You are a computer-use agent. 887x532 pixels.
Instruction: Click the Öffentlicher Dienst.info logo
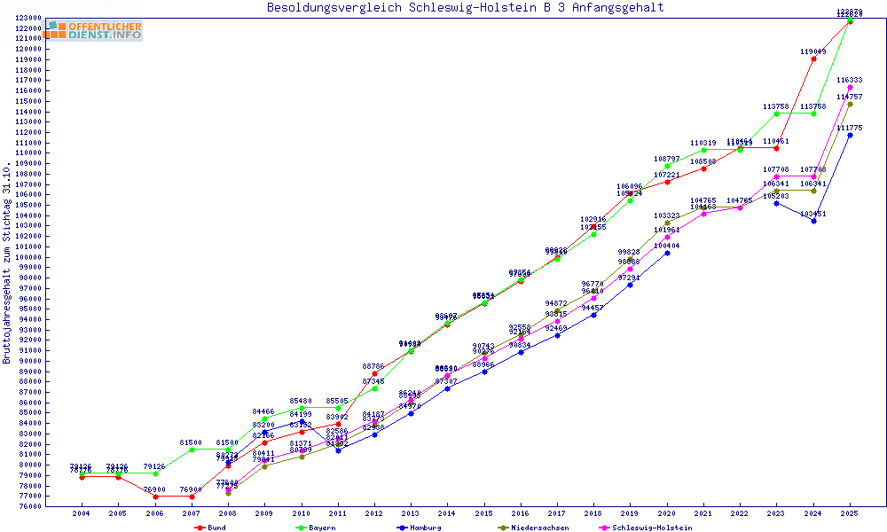pyautogui.click(x=96, y=30)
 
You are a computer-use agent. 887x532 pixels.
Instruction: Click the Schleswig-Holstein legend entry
pyautogui.click(x=652, y=528)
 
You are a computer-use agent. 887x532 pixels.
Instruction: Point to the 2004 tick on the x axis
pyautogui.click(x=81, y=513)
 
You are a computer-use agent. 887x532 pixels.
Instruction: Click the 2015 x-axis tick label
pyautogui.click(x=483, y=513)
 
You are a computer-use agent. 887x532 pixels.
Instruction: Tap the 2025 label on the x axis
pyautogui.click(x=850, y=513)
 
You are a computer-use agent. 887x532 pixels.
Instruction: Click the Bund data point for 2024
pyautogui.click(x=813, y=59)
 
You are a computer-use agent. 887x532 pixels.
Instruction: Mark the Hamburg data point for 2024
pyautogui.click(x=813, y=221)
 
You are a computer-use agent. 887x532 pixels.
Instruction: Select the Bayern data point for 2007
pyautogui.click(x=192, y=450)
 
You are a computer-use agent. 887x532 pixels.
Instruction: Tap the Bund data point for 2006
pyautogui.click(x=155, y=497)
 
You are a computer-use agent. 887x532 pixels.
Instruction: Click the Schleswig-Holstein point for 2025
pyautogui.click(x=850, y=87)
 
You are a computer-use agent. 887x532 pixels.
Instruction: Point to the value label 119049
pyautogui.click(x=812, y=51)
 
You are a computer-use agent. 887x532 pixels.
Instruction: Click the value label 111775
pyautogui.click(x=850, y=128)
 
